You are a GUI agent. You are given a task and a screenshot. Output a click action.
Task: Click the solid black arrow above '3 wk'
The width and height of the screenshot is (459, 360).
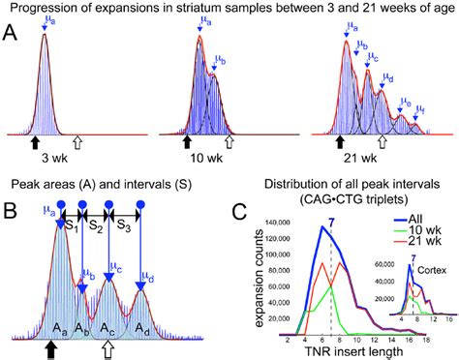click(x=36, y=143)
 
